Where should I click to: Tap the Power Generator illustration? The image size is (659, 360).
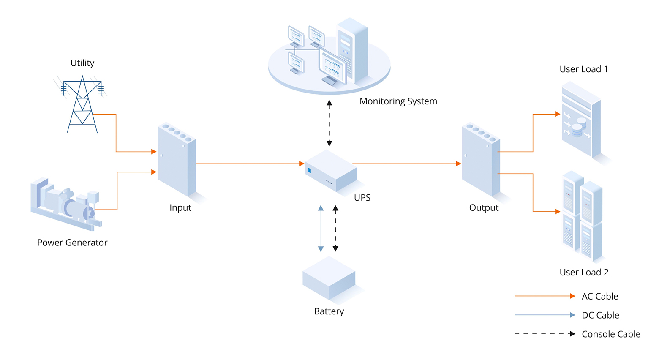click(66, 205)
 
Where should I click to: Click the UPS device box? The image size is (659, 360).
click(331, 171)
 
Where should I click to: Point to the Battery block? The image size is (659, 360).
click(329, 279)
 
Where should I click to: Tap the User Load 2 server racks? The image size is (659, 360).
click(583, 215)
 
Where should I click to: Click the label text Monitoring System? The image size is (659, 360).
click(398, 101)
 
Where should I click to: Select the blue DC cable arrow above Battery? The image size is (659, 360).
click(321, 228)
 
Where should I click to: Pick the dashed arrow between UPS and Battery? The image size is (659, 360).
click(335, 228)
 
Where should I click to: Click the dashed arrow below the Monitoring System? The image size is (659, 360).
click(329, 123)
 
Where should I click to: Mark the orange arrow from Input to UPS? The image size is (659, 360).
click(249, 164)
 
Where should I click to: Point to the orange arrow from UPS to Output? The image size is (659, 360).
click(406, 164)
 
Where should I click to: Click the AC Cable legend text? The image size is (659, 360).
click(599, 297)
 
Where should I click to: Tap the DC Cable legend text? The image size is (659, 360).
click(600, 315)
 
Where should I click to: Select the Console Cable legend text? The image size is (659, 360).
click(610, 334)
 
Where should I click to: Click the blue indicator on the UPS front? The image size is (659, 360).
click(310, 171)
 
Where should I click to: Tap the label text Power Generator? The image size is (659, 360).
click(72, 243)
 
